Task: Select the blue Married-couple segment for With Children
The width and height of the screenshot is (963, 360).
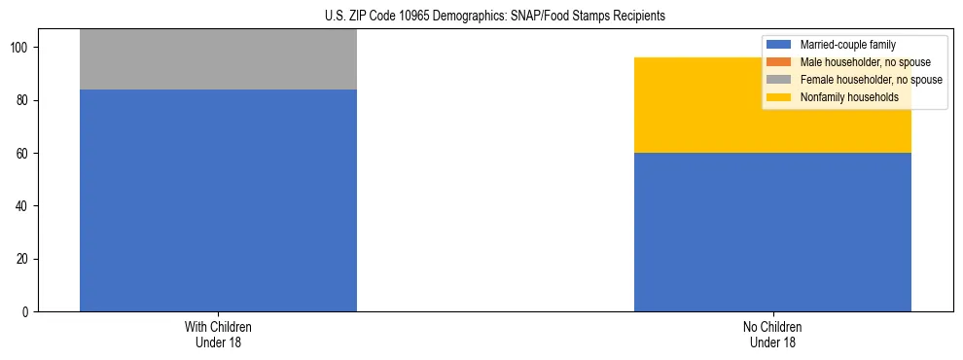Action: coord(218,199)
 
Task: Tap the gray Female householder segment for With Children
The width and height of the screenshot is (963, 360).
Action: coord(218,59)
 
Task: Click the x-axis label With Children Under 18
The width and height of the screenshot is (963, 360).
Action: coord(218,334)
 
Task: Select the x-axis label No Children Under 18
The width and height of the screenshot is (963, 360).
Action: coord(772,334)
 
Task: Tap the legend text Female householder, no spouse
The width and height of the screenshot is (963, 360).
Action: coord(871,80)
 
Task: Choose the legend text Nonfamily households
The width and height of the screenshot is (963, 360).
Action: coord(848,97)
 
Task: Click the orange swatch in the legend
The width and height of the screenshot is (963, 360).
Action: coord(779,62)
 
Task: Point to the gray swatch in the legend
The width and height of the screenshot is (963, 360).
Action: coord(779,80)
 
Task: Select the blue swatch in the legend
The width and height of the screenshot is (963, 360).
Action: coord(779,45)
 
